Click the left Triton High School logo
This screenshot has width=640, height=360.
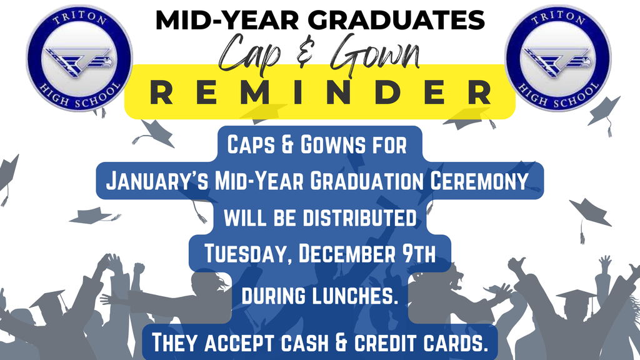coord(79,57)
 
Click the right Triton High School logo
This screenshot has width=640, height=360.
coord(558,57)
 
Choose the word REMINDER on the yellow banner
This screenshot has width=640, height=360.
coord(319,94)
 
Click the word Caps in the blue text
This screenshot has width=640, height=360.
coord(245,147)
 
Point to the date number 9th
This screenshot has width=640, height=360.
coord(416,254)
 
